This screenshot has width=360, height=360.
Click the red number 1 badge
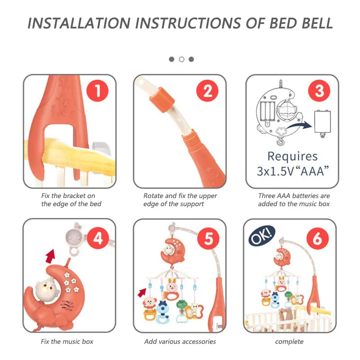point(97,91)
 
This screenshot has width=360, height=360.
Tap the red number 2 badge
point(207,91)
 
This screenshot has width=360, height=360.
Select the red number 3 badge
point(319,91)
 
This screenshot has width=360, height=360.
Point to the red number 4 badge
point(98,238)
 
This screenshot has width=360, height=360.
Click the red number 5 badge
point(208,238)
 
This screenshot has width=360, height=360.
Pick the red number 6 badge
point(318,238)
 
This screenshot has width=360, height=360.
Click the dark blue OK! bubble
point(262,235)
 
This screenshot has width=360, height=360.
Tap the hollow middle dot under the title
point(181,59)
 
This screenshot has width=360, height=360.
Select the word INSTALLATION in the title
point(79,23)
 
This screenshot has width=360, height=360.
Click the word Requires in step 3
point(292,156)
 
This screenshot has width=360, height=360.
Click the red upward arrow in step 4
point(51,256)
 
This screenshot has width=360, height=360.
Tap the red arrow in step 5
point(142,292)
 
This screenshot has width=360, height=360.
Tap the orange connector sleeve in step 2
point(162,99)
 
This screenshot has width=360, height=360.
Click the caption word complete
point(289,342)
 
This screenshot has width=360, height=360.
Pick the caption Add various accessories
point(180,342)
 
